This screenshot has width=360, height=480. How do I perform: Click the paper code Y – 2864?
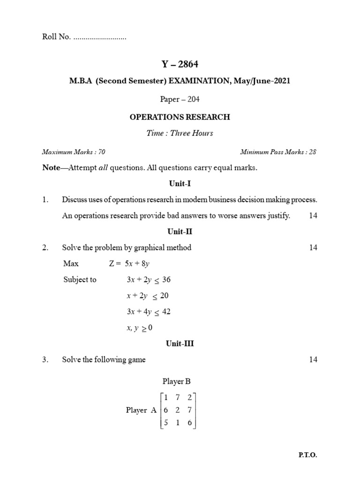point(180,64)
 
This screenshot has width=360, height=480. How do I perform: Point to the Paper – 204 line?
point(180,99)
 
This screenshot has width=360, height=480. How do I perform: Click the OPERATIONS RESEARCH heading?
point(180,117)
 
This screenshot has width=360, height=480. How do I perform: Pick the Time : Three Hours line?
point(180,133)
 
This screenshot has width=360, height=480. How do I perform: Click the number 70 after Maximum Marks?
point(102,152)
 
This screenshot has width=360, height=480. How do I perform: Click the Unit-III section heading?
point(180,344)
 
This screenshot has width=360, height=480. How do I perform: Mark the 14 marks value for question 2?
point(313,247)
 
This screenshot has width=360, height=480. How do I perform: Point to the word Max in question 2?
point(71,263)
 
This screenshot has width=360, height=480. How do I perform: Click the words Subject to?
point(80,279)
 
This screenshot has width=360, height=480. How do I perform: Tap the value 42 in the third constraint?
point(164,312)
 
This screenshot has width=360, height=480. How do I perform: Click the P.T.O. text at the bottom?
point(310,455)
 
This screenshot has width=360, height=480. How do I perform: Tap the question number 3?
point(45,360)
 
